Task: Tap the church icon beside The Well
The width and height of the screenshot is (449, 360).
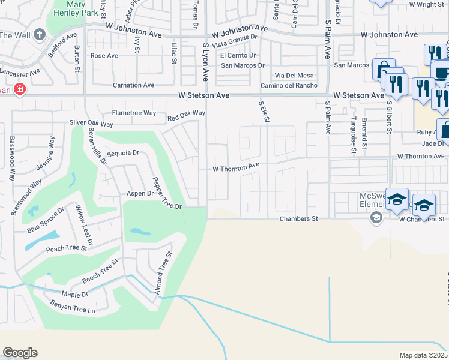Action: pyautogui.click(x=40, y=34)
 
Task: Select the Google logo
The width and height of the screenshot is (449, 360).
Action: pyautogui.click(x=20, y=353)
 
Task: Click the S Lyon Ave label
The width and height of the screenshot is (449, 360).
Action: pyautogui.click(x=205, y=62)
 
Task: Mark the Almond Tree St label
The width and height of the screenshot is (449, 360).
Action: pyautogui.click(x=161, y=273)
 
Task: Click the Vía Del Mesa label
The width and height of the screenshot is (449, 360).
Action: pyautogui.click(x=294, y=75)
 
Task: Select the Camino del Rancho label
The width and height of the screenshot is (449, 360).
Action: pyautogui.click(x=292, y=85)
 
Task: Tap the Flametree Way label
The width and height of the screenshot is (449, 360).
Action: pyautogui.click(x=134, y=113)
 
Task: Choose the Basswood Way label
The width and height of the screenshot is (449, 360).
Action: pyautogui.click(x=11, y=158)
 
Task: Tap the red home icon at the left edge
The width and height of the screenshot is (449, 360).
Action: pyautogui.click(x=20, y=90)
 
